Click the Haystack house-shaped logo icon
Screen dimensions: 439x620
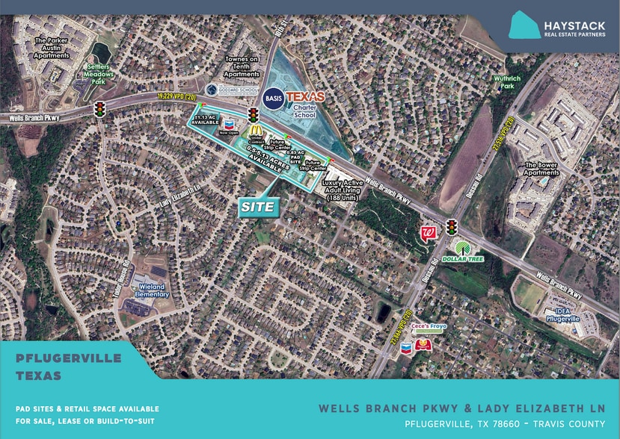tap(524, 24)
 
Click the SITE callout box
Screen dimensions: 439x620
tap(257, 207)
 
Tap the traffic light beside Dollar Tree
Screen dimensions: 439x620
tap(451, 227)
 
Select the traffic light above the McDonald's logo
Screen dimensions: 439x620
tap(253, 115)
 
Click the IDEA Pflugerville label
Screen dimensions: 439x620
tap(566, 316)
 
